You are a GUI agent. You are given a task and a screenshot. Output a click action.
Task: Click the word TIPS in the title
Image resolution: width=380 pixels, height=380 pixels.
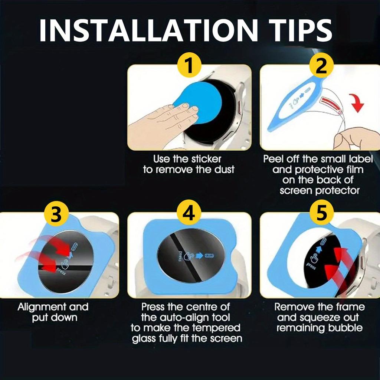pyautogui.click(x=300, y=30)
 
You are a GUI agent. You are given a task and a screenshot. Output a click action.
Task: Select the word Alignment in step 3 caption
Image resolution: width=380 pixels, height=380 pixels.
pyautogui.click(x=42, y=307)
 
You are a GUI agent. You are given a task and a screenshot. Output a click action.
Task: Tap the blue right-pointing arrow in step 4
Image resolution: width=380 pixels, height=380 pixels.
pyautogui.click(x=199, y=256)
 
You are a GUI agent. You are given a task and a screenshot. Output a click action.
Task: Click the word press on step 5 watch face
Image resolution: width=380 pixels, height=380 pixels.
pyautogui.click(x=311, y=266)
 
